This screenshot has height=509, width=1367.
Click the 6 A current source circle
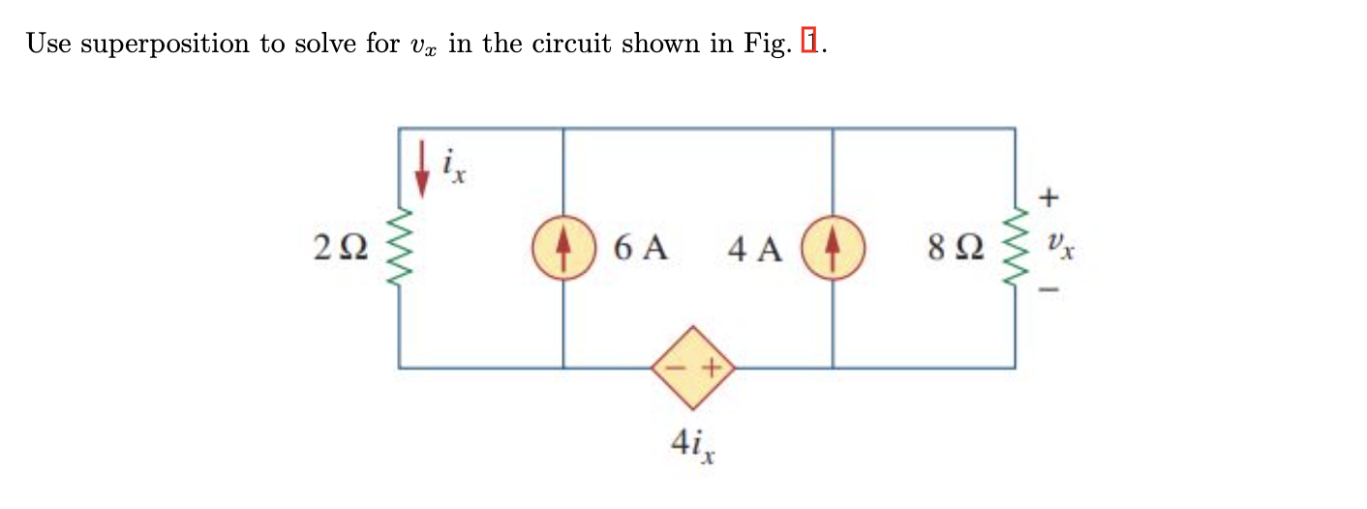click(563, 249)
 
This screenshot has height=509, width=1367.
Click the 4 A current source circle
click(833, 249)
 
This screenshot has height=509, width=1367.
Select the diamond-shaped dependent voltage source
click(693, 368)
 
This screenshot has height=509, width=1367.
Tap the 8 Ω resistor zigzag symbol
click(1015, 249)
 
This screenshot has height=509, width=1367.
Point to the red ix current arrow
click(421, 170)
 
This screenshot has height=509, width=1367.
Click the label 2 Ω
click(341, 250)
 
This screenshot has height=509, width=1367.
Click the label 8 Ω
click(955, 250)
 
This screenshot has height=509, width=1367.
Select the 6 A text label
click(640, 250)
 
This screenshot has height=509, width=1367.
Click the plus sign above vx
click(1050, 197)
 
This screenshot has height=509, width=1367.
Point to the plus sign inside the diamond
click(712, 369)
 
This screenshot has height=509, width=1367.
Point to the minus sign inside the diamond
click(676, 369)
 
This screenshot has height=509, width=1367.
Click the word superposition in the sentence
click(165, 45)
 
